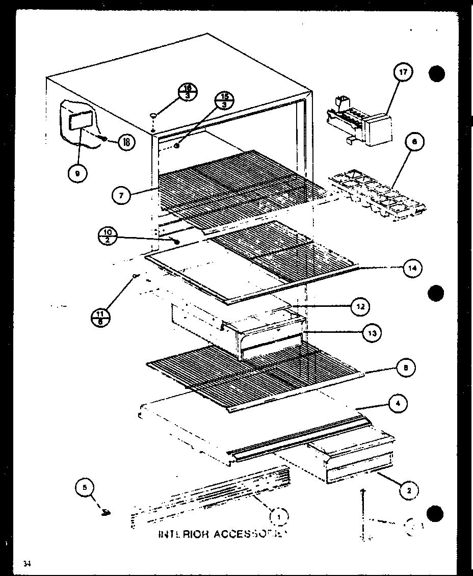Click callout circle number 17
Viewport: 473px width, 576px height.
click(403, 73)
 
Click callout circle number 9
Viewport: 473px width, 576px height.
click(77, 173)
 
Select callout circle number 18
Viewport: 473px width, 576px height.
click(125, 142)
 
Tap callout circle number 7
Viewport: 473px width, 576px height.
click(121, 195)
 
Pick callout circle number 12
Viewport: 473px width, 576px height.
click(359, 306)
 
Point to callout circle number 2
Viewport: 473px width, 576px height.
click(409, 490)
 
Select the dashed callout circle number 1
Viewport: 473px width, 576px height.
click(279, 517)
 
